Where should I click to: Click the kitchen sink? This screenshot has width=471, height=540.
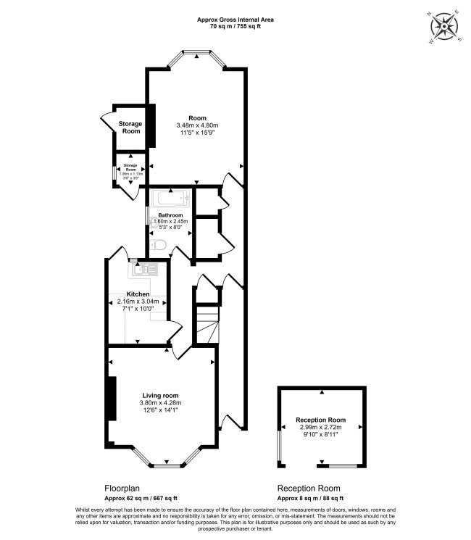pos(141,270)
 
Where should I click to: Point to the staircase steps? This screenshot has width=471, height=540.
pos(207,322)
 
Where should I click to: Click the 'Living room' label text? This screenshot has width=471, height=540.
pos(160,395)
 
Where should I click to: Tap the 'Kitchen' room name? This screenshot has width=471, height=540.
pos(138,294)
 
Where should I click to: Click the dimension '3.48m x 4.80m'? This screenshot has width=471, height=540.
pos(197,126)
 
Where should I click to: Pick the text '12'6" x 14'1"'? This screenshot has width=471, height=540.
pos(160,411)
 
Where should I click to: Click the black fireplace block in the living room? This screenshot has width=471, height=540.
pos(111,398)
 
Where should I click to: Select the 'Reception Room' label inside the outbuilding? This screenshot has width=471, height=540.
pos(320,420)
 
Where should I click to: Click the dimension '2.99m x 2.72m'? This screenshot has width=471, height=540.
pos(320,428)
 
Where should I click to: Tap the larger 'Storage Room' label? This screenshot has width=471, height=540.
pos(130,127)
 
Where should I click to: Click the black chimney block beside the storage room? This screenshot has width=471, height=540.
pos(151,127)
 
